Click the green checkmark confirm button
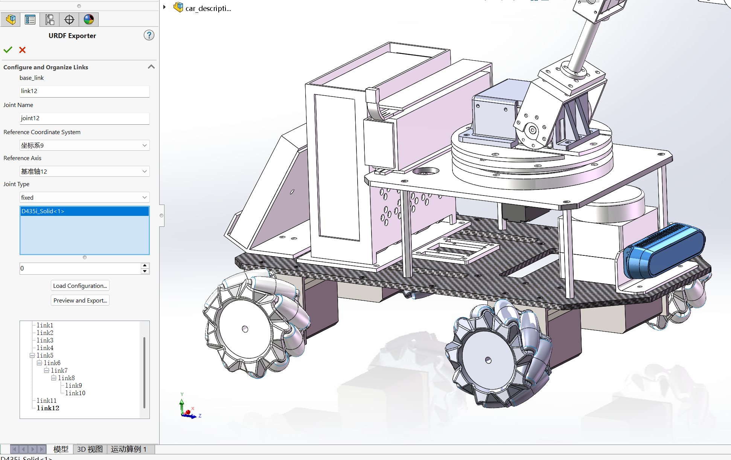pyautogui.click(x=8, y=50)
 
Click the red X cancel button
pyautogui.click(x=23, y=50)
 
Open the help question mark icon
pyautogui.click(x=149, y=35)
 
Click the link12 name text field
pyautogui.click(x=84, y=91)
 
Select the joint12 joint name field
pyautogui.click(x=84, y=118)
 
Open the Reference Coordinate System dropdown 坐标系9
pyautogui.click(x=84, y=145)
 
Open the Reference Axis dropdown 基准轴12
pyautogui.click(x=84, y=171)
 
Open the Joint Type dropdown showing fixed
pyautogui.click(x=84, y=197)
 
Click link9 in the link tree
pyautogui.click(x=73, y=385)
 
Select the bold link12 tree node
pyautogui.click(x=48, y=408)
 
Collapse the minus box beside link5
pyautogui.click(x=32, y=355)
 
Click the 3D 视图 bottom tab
pyautogui.click(x=90, y=449)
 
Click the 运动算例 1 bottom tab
pyautogui.click(x=128, y=449)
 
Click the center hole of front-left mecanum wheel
pyautogui.click(x=245, y=329)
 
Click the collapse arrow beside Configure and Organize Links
pyautogui.click(x=151, y=67)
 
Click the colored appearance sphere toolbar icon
pyautogui.click(x=89, y=19)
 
